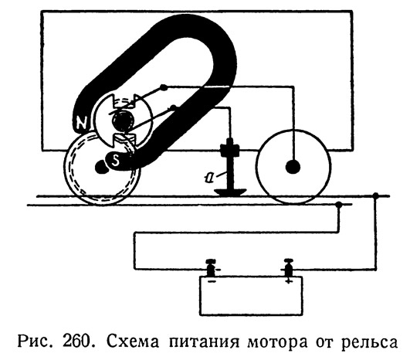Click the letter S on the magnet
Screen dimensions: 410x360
click(x=115, y=161)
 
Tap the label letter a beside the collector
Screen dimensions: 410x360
click(x=208, y=178)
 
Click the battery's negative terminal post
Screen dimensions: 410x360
click(x=211, y=267)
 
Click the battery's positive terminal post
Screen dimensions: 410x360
click(x=288, y=267)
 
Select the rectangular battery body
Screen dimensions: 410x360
click(x=251, y=296)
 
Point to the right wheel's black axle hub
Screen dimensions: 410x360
click(x=293, y=166)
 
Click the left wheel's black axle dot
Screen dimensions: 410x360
click(x=101, y=167)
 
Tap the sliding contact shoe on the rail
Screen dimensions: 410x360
click(x=230, y=192)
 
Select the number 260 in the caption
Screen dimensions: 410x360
click(x=76, y=341)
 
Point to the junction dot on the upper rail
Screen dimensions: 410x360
click(x=375, y=195)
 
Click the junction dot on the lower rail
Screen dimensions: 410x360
click(x=339, y=205)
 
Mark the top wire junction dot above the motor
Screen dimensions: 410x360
click(x=164, y=87)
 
